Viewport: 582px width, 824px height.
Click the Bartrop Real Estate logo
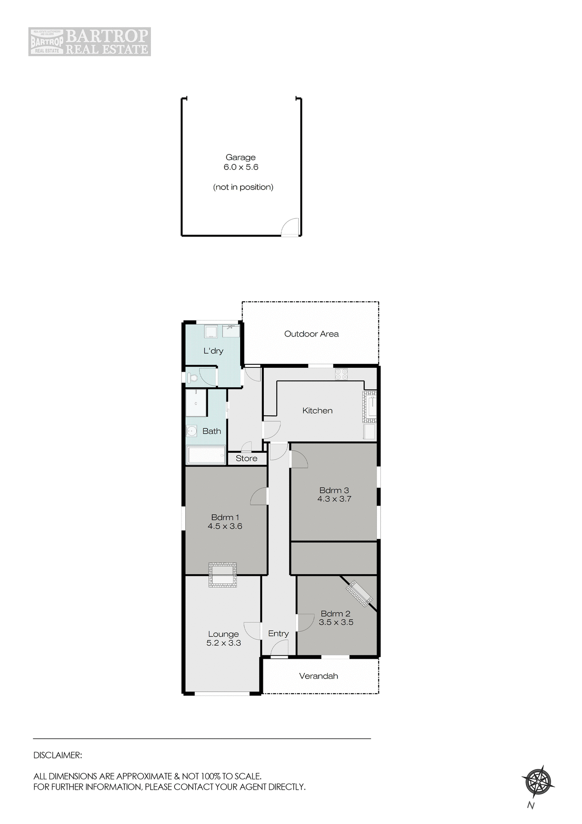(x=90, y=42)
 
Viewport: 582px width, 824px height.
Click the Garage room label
(x=240, y=158)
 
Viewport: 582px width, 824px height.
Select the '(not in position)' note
(x=243, y=187)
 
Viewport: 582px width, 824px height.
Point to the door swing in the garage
(x=291, y=227)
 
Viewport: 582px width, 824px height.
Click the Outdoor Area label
(x=311, y=334)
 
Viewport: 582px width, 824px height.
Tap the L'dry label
(x=213, y=351)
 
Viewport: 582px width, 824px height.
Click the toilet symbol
(x=192, y=378)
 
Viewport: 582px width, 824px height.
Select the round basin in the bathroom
(x=191, y=430)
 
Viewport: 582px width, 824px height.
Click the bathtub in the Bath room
(x=206, y=455)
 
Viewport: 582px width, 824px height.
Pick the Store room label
(x=247, y=458)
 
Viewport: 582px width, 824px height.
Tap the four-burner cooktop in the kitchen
(x=341, y=374)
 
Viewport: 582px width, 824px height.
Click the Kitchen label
(x=317, y=411)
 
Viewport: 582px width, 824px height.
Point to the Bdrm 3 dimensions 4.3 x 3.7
(x=334, y=499)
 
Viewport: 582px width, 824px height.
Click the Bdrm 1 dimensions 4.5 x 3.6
(x=225, y=526)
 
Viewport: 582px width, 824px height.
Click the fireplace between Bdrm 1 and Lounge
(x=223, y=575)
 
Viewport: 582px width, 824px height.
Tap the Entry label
(x=278, y=633)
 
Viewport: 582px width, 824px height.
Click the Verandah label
(x=318, y=676)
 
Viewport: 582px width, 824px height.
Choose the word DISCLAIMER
(x=57, y=755)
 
